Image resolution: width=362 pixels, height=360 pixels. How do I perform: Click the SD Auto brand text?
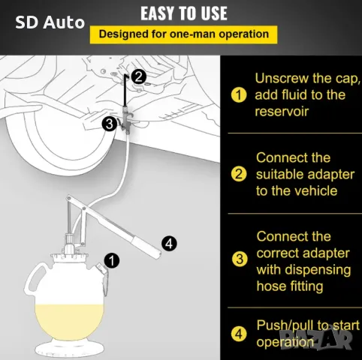pos(50,22)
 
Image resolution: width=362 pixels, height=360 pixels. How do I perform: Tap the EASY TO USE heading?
pos(184,13)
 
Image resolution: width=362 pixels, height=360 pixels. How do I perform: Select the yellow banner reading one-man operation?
pos(183,34)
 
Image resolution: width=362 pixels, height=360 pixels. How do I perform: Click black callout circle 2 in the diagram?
pos(138,76)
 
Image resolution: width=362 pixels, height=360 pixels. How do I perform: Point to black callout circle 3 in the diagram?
pos(109,124)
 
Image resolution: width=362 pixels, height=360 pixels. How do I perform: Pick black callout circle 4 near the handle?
pos(169,243)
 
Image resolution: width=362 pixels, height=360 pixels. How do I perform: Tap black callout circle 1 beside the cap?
pos(112,261)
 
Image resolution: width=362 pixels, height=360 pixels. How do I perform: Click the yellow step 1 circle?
pos(239,95)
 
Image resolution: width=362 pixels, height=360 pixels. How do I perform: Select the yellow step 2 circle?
pos(239,174)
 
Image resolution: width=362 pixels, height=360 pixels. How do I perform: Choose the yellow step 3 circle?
pos(240,259)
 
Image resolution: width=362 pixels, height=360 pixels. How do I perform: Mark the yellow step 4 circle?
pos(239,334)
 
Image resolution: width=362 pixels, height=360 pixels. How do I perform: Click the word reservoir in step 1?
pos(282,112)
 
